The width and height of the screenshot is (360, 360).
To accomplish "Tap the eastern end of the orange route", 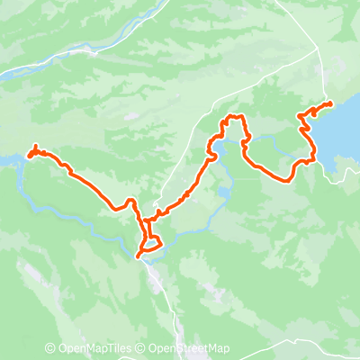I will coord(330,103).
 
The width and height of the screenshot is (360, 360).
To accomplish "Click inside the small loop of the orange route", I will coord(151,241).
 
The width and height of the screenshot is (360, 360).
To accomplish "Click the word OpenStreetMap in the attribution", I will coord(193,349).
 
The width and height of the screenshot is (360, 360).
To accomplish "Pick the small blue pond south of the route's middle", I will coord(223,192).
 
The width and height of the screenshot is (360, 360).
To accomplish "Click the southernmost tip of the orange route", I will coord(139,256).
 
